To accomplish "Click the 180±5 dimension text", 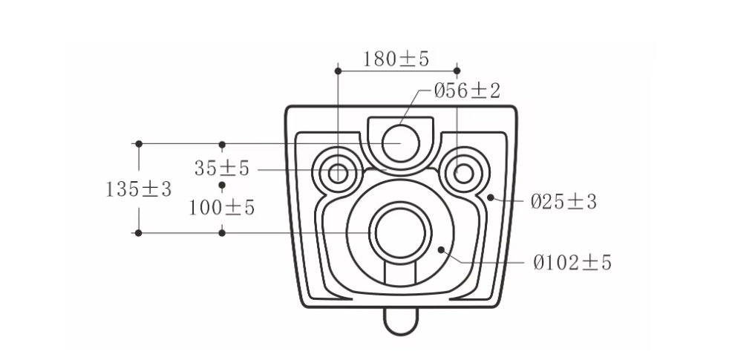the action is tap(396, 59).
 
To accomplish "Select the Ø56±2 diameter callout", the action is tap(467, 91).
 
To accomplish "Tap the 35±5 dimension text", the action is tap(222, 168).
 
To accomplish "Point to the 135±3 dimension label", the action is tap(139, 189).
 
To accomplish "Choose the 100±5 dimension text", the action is tap(222, 208).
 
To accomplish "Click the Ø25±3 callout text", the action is tap(563, 202).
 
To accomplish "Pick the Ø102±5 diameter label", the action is tap(572, 263).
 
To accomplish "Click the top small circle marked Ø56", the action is tap(401, 143).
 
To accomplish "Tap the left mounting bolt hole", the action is tap(338, 174).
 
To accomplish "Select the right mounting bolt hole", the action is tap(463, 174).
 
